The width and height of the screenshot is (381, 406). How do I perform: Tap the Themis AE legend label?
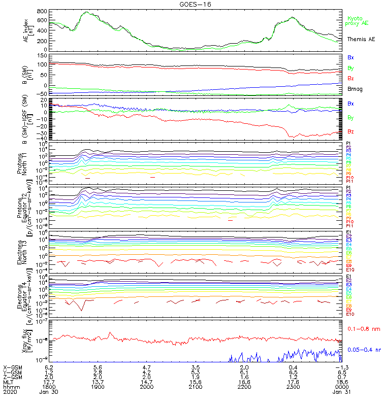361,39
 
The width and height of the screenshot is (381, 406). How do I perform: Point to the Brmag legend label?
354,89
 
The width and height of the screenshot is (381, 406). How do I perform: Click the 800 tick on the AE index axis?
43,11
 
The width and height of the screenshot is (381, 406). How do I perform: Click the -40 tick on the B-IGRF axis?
43,138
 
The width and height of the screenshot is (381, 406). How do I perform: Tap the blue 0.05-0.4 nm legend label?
363,350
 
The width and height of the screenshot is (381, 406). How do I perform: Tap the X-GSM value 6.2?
49,367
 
